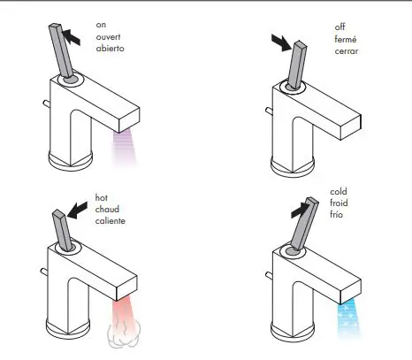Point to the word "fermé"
click(347, 39)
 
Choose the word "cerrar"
click(346, 50)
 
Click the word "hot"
click(101, 196)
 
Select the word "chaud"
click(106, 208)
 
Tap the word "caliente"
click(110, 219)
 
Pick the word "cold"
click(340, 190)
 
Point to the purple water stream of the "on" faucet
click(124, 147)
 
